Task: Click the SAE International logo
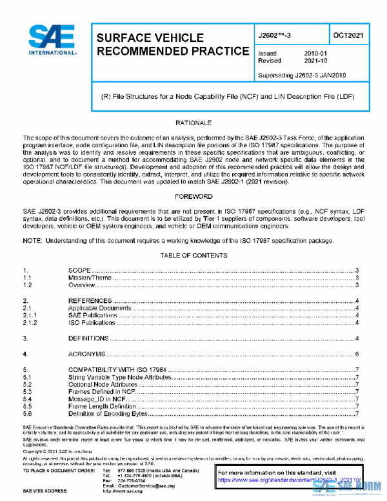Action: tap(54, 41)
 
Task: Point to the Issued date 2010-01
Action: tap(315, 54)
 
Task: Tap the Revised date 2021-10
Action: tap(315, 61)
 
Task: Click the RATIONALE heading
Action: tap(193, 123)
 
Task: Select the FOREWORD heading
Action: tap(193, 196)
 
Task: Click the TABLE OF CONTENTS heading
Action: tap(193, 256)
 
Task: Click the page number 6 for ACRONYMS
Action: tap(357, 354)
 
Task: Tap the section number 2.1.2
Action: tap(30, 322)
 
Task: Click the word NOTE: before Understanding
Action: tap(34, 241)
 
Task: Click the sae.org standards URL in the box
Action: tap(284, 480)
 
